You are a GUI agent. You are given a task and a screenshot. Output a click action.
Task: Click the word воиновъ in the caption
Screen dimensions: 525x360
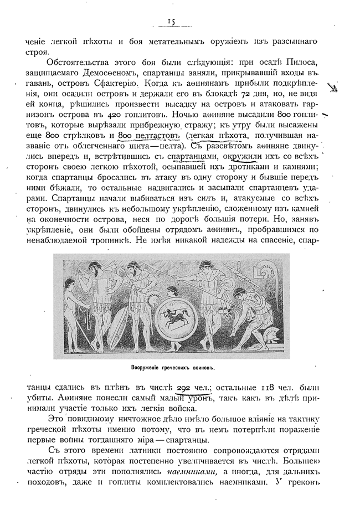tap(200, 368)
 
